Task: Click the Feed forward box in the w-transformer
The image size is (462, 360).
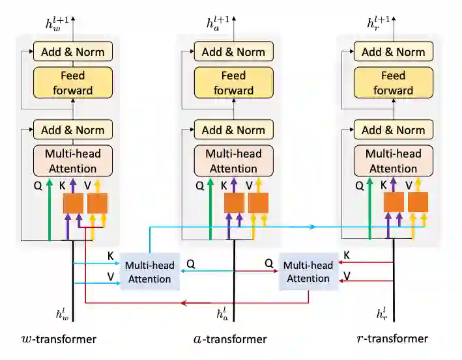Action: pos(72,83)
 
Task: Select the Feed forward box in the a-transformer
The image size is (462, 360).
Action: pos(233,83)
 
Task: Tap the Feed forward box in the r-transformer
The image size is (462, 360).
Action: pos(393,83)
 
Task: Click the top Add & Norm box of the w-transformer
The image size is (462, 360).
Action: pos(72,51)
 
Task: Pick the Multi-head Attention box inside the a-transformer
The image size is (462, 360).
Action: pos(233,161)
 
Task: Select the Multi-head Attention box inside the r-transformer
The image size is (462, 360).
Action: pos(393,161)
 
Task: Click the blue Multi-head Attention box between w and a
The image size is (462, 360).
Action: pos(148,271)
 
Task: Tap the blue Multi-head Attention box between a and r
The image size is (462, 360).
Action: pos(309,271)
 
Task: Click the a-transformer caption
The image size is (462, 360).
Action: pos(231,339)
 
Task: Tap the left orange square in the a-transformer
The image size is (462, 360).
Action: pos(234,203)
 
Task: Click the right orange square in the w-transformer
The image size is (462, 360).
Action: pos(97,203)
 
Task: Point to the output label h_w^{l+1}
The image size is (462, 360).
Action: pos(57,24)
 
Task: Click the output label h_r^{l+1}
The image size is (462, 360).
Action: pos(378,24)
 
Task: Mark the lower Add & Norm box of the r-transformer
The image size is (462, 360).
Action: pos(393,130)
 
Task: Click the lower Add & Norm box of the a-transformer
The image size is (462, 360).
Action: pos(233,130)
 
